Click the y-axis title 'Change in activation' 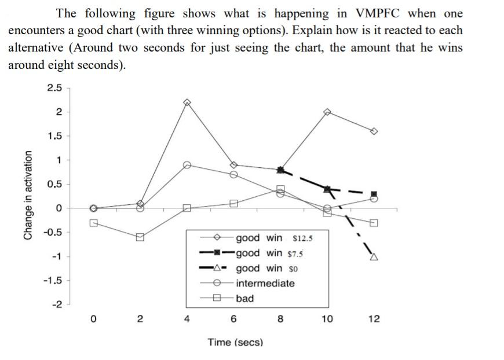[27, 195]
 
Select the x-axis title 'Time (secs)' [235, 342]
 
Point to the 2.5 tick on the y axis [54, 87]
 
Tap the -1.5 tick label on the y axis [53, 280]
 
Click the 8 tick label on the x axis [280, 319]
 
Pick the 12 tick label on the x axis [374, 319]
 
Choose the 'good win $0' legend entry [266, 268]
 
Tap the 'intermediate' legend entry [265, 283]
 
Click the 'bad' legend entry [244, 299]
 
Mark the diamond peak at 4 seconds [187, 102]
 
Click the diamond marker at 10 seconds [327, 111]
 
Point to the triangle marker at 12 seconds [374, 256]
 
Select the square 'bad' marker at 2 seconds [140, 237]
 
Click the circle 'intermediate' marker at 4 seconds [187, 165]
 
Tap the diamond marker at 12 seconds [374, 131]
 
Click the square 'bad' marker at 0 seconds [93, 222]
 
